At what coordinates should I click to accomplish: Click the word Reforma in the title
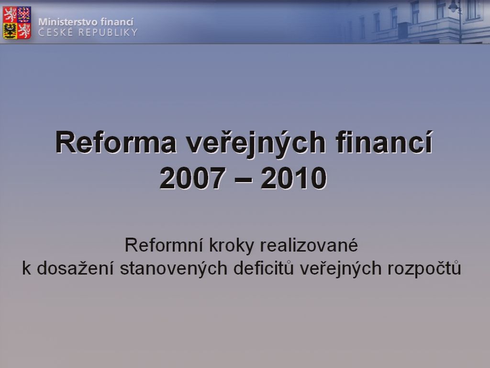(x=116, y=143)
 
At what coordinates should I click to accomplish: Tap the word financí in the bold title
(x=384, y=142)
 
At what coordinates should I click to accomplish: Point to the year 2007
(x=193, y=178)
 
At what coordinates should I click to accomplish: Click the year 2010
(x=294, y=178)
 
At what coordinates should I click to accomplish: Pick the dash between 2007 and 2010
(x=244, y=180)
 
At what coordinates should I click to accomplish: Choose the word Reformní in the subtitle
(x=164, y=245)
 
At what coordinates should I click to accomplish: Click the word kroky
(x=231, y=246)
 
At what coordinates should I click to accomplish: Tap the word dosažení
(x=75, y=268)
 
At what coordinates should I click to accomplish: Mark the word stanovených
(x=173, y=269)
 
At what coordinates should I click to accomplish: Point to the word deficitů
(x=264, y=268)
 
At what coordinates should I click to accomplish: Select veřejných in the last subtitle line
(x=341, y=269)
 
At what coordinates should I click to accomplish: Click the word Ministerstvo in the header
(x=65, y=22)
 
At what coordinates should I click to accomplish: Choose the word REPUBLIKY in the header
(x=108, y=33)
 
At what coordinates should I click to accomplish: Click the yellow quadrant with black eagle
(x=10, y=31)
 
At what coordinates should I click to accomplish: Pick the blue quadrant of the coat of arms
(x=24, y=15)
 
